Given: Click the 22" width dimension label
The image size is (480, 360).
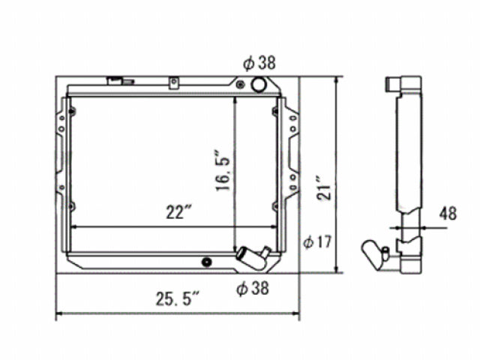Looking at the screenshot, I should click(176, 214).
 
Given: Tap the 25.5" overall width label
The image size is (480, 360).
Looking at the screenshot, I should click(178, 300).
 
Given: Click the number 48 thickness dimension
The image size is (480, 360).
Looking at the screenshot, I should click(448, 214).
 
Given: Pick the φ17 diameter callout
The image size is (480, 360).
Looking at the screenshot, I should click(317, 242).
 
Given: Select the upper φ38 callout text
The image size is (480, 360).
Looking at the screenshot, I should click(259, 63).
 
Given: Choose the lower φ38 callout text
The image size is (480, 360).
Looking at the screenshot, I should click(252, 287).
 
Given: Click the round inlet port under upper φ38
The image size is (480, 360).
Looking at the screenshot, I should click(259, 84).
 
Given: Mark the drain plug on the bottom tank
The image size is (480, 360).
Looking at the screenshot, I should click(207, 262).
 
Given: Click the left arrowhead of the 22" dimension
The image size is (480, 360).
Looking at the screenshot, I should click(73, 227).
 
